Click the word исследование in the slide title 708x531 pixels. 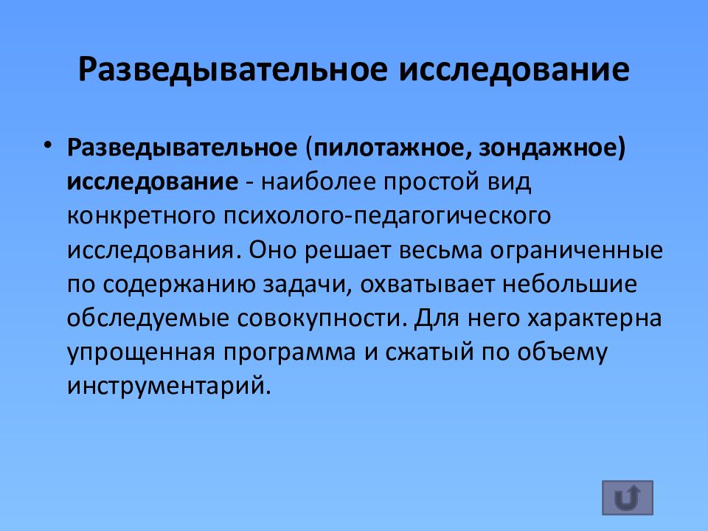[x=515, y=70]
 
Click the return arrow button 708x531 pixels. [x=627, y=499]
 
